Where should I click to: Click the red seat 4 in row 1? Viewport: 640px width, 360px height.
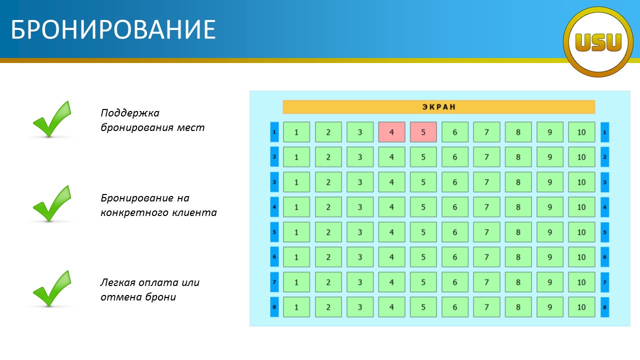[391, 132]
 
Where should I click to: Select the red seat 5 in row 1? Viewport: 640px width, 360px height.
[423, 132]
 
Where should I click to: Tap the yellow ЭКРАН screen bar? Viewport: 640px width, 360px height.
[439, 107]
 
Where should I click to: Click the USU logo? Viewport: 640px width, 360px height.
[598, 42]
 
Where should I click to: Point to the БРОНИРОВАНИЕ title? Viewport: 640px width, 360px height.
[113, 29]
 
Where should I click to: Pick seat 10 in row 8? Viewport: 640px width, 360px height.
[581, 307]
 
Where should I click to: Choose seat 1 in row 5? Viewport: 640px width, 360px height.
[296, 232]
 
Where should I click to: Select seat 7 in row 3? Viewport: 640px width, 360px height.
[486, 182]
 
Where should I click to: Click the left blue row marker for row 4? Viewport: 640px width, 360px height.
[274, 207]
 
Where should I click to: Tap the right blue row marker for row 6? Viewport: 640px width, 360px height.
[605, 257]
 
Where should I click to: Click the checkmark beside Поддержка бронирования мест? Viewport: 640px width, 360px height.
[52, 119]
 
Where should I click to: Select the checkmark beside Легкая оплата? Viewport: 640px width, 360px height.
[52, 288]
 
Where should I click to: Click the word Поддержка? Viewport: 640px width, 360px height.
[130, 113]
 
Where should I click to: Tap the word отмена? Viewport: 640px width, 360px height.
[120, 297]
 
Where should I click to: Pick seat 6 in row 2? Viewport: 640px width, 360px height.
[455, 157]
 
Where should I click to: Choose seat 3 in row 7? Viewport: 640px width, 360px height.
[360, 282]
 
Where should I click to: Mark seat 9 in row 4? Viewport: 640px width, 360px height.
[549, 207]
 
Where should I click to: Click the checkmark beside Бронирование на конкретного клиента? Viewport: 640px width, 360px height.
[52, 203]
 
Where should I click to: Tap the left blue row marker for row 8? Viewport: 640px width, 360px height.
[274, 307]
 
